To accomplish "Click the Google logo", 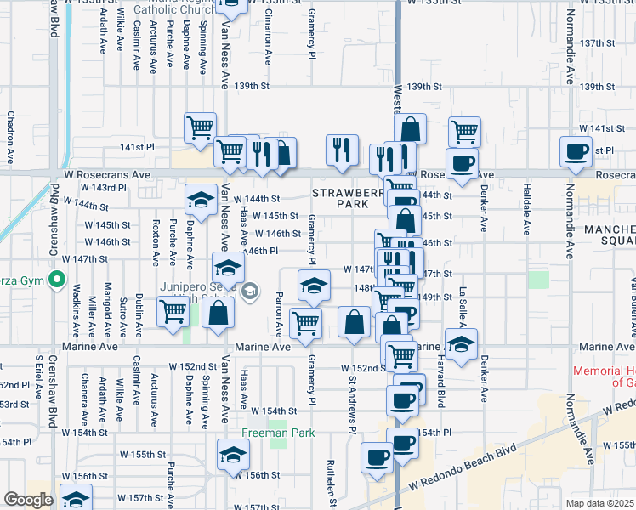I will coord(27,500).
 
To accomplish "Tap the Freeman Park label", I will coord(278,456).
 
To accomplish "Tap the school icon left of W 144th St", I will coord(201,200).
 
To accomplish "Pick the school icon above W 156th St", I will coord(233,455).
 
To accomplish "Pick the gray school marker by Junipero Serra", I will coord(249,293).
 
